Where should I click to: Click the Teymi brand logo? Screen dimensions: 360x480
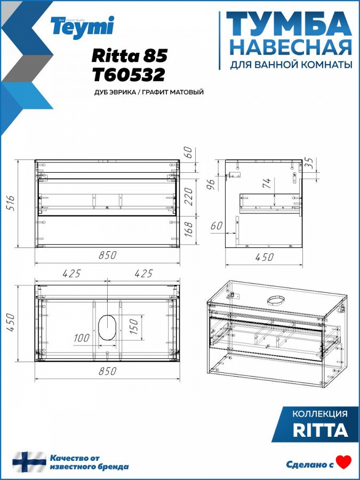(x=83, y=27)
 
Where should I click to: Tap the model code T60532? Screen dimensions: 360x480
(x=129, y=75)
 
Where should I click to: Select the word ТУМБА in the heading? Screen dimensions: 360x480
(x=289, y=24)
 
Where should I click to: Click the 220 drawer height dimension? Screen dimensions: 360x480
(x=189, y=196)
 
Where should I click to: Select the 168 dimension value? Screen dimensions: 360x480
(x=189, y=230)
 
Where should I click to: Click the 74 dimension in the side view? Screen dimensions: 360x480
(x=267, y=183)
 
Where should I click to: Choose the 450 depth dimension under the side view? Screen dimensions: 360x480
(x=264, y=257)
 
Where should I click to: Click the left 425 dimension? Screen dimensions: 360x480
(x=71, y=274)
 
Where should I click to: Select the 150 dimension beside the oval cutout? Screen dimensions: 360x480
(x=133, y=326)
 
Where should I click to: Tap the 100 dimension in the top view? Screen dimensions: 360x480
(x=82, y=338)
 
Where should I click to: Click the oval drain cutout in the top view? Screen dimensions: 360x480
(x=107, y=326)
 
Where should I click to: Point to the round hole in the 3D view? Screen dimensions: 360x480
(x=276, y=301)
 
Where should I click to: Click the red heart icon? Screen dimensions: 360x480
(x=344, y=462)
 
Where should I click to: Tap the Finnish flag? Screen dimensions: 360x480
(x=29, y=462)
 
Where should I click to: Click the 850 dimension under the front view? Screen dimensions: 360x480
(x=107, y=255)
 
